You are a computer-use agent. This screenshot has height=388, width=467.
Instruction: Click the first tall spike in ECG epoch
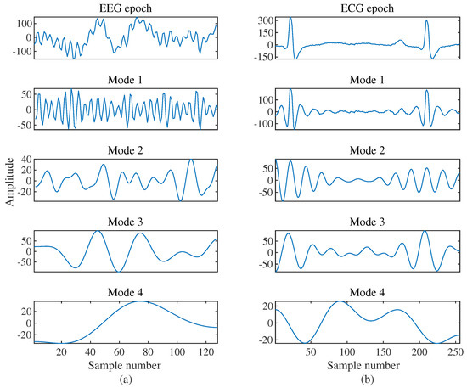[290, 18]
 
